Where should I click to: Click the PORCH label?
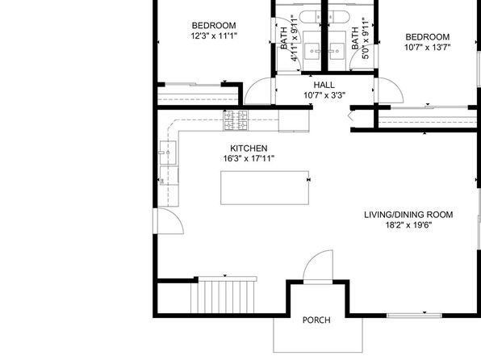click(x=316, y=320)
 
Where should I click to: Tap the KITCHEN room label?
click(x=249, y=149)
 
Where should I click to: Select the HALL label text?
click(x=324, y=85)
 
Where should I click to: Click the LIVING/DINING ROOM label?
click(x=408, y=215)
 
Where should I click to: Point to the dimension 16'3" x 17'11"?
click(x=249, y=159)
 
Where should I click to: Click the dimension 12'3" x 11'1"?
click(x=214, y=36)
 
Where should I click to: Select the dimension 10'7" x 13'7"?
click(x=427, y=48)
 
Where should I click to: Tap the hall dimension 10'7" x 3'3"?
click(x=324, y=95)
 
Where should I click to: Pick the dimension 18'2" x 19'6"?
click(x=408, y=225)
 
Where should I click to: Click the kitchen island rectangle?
click(x=265, y=187)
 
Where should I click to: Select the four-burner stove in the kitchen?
click(x=236, y=120)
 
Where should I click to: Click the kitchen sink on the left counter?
click(x=168, y=153)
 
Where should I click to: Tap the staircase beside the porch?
click(x=224, y=296)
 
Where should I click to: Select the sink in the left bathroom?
click(x=312, y=50)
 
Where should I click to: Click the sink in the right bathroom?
click(x=337, y=50)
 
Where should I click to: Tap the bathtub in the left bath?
click(x=310, y=17)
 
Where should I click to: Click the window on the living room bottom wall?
click(x=414, y=315)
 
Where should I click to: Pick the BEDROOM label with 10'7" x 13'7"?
click(x=427, y=37)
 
